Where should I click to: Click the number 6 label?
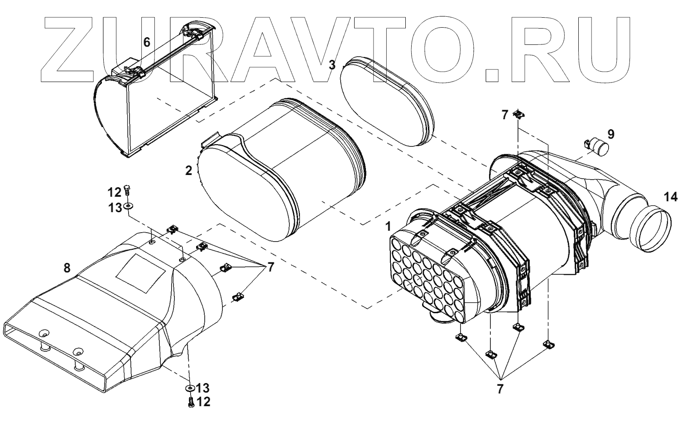pos(146,42)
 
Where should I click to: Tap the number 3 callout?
pos(332,65)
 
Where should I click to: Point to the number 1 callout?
pos(388,225)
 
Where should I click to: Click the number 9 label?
pos(611,134)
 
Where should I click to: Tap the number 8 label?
pos(67,268)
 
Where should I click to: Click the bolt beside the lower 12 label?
pos(191,401)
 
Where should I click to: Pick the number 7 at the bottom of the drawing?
pos(500,388)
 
